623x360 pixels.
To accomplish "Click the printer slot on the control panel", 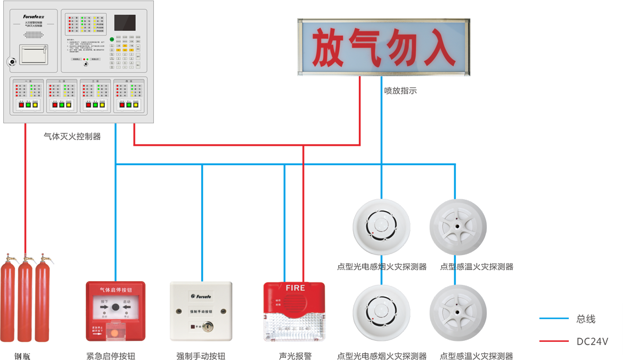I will click(x=33, y=53).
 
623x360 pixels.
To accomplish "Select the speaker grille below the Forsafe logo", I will click(x=33, y=35).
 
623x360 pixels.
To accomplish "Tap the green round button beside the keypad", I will click(x=112, y=39).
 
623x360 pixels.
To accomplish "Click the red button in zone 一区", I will click(x=21, y=105).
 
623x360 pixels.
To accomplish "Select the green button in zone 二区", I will click(x=62, y=105).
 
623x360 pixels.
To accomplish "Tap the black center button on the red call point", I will click(x=115, y=308).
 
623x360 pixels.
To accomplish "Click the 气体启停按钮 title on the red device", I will click(x=115, y=290).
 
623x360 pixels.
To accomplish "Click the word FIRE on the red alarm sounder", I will click(x=295, y=288).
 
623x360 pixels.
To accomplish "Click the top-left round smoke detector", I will click(x=381, y=226).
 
